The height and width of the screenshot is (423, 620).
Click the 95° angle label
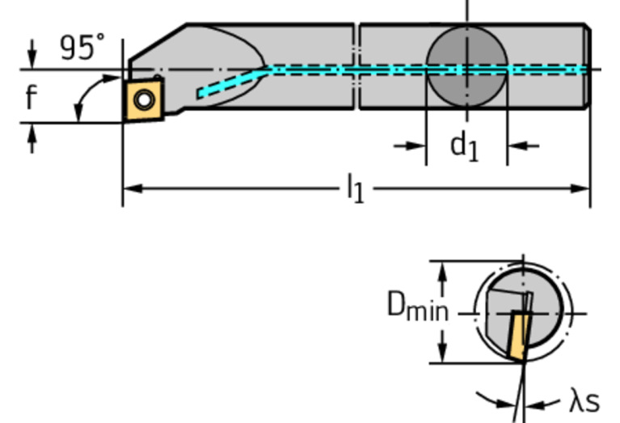pos(82,47)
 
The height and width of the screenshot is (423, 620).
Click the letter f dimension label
pos(32,96)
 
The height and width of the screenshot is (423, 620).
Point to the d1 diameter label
pos(464,146)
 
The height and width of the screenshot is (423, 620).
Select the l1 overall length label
pos(355,188)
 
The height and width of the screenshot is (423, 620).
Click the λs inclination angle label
pos(584,401)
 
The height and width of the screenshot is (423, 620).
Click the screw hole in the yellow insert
pos(144,99)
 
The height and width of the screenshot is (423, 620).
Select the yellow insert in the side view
pos(144,100)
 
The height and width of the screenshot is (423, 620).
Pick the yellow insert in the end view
pos(518,336)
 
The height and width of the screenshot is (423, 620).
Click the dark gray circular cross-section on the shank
pos(467,67)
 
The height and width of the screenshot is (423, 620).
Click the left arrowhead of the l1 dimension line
pos(133,188)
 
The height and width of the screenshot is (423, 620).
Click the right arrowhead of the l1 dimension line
pos(580,188)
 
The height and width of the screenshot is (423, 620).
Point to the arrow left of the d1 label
pos(410,146)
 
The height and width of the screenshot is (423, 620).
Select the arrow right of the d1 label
pos(523,146)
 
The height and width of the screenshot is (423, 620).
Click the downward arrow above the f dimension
pos(32,54)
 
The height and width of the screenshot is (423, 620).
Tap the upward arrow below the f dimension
pos(32,138)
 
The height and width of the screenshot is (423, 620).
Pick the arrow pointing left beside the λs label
pos(542,404)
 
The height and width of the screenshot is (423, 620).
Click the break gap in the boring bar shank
pos(356,66)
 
